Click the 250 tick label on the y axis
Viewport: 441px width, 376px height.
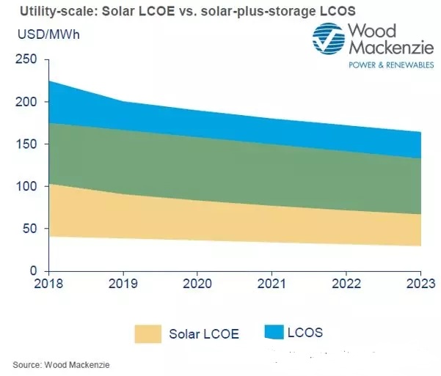26,60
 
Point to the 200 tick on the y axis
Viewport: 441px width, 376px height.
26,102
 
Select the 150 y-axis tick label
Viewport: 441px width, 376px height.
26,144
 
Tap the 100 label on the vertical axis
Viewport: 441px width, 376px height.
26,186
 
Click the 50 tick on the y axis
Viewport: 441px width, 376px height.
29,229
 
